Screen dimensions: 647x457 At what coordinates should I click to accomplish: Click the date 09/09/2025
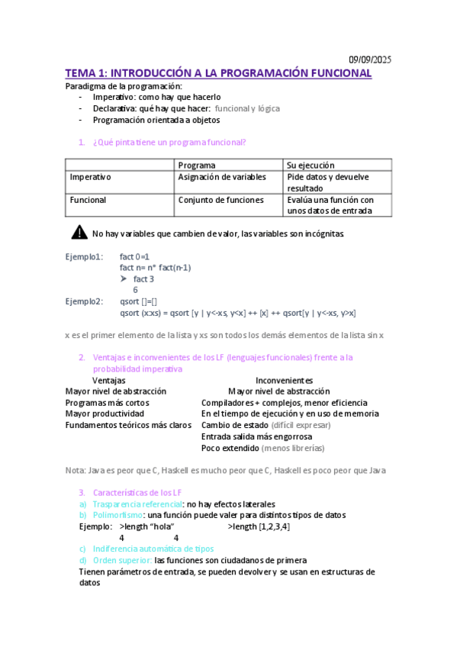[x=370, y=60]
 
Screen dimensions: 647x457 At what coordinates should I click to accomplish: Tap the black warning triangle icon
[x=79, y=233]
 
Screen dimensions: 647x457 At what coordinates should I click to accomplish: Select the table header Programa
[x=197, y=165]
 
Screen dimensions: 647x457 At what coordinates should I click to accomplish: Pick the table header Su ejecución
[x=311, y=165]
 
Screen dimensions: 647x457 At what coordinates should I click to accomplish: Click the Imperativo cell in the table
[x=91, y=177]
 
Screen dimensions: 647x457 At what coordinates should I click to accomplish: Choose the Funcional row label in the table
[x=89, y=200]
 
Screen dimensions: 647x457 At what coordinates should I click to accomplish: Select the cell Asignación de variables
[x=222, y=177]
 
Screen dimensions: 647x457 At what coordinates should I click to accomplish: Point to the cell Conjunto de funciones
[x=220, y=200]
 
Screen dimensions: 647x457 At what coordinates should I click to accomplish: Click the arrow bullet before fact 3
[x=124, y=279]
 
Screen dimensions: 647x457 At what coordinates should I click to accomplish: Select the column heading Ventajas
[x=109, y=380]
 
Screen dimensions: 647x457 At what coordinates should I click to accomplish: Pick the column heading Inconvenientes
[x=284, y=380]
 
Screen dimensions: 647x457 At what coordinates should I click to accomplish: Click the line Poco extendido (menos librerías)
[x=262, y=448]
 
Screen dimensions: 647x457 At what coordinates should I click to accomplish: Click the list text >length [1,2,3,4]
[x=259, y=526]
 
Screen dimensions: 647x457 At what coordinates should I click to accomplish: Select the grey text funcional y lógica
[x=246, y=108]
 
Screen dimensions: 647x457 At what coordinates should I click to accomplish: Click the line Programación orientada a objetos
[x=151, y=120]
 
